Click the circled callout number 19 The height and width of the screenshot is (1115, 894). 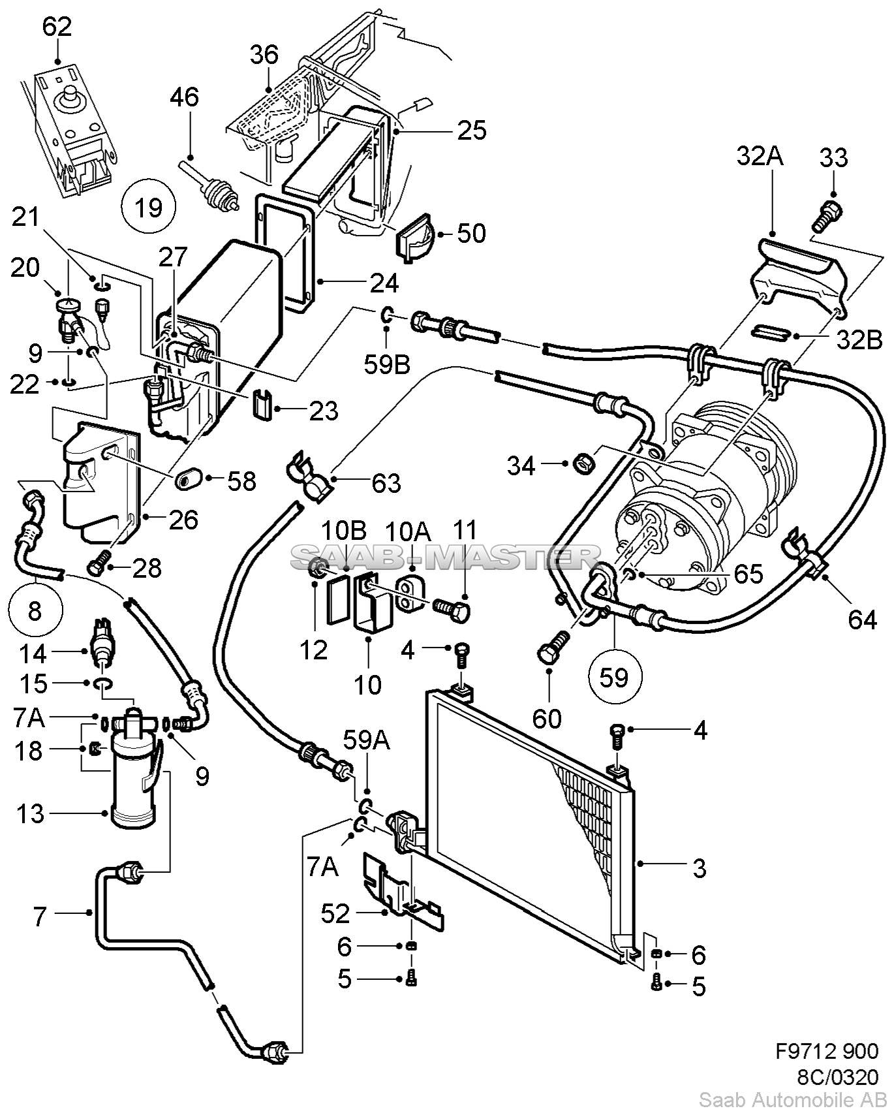click(149, 208)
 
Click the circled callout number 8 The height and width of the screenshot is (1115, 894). click(35, 611)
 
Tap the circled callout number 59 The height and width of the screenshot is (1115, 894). click(614, 678)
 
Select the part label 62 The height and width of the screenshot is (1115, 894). click(57, 27)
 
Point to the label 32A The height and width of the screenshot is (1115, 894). click(760, 157)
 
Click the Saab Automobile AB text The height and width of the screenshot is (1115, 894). click(789, 1099)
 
